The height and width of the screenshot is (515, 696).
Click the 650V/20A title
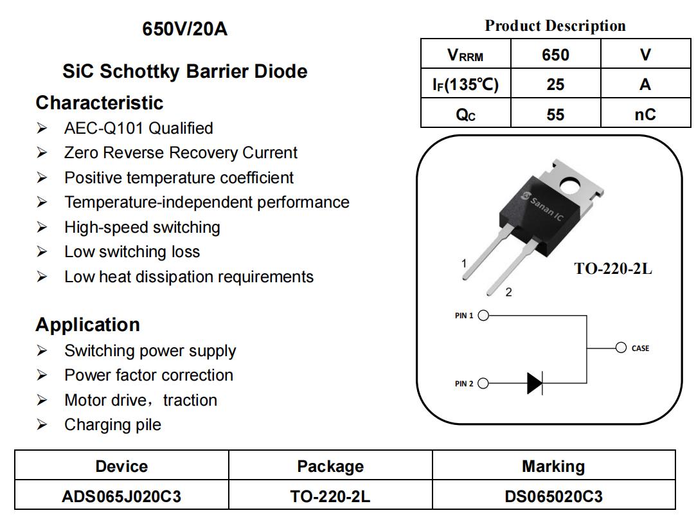coord(184,29)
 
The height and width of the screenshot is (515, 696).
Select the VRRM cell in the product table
coord(465,55)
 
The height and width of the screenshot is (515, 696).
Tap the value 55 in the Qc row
coord(555,114)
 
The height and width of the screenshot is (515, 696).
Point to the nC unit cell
coord(645,114)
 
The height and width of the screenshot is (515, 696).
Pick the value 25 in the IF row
coord(555,84)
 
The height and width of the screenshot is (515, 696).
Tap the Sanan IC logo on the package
coord(544,206)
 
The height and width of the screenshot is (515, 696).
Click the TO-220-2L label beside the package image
coord(612,269)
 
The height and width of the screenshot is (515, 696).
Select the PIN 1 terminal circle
coord(483,316)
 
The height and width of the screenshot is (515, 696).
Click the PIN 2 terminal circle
coord(483,384)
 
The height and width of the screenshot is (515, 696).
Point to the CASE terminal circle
coord(621,348)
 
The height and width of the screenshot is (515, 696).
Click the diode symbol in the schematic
coord(534,384)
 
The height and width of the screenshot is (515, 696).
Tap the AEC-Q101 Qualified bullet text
coord(138,129)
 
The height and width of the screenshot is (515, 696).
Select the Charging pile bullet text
coord(112,425)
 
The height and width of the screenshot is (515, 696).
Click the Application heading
coord(87,325)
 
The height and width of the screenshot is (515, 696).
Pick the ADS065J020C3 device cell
coord(121,496)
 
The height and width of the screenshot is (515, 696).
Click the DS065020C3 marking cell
coord(553,496)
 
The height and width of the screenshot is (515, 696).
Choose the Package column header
coord(330,466)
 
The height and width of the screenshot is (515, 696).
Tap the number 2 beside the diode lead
coord(508,293)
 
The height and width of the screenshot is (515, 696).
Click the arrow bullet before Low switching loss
coord(42,252)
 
